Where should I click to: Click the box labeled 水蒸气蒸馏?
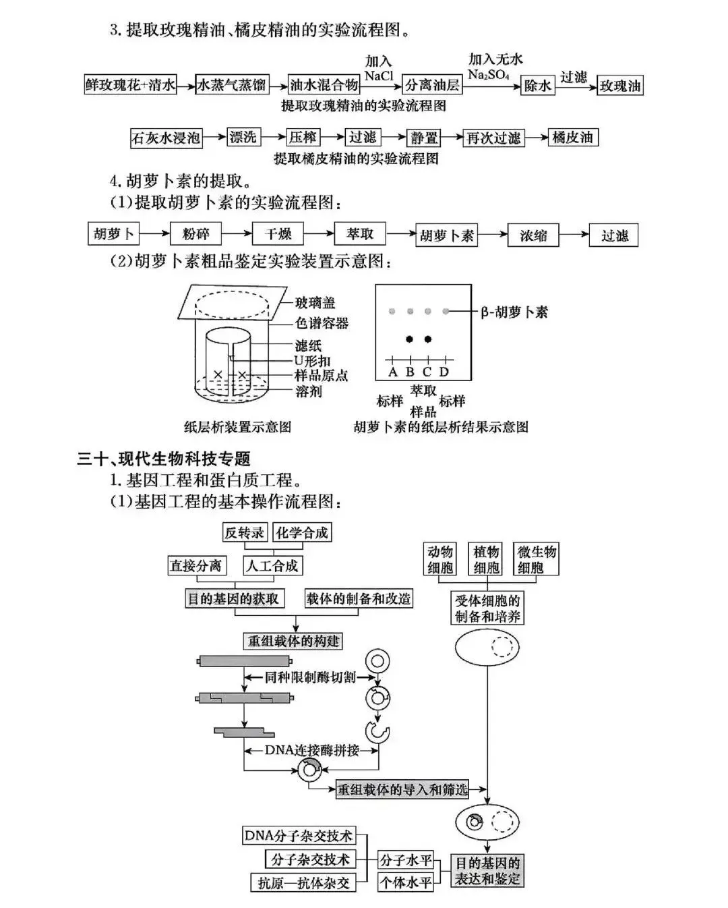point(231,86)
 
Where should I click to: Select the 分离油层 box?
point(431,86)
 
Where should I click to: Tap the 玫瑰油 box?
point(620,86)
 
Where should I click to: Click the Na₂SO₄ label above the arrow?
point(489,75)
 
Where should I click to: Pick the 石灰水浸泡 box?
point(166,138)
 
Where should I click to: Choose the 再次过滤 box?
point(493,138)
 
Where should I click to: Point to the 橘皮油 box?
point(572,138)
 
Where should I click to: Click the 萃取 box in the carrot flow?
point(360,234)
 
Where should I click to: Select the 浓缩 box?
point(533,235)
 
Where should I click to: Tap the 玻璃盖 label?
point(315,303)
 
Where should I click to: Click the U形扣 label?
point(313,361)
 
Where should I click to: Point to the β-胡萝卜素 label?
point(514,312)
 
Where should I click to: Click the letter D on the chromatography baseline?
point(444,372)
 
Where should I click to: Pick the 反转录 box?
point(244,532)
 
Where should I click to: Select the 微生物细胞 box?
point(536,559)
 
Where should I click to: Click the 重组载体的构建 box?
point(293,641)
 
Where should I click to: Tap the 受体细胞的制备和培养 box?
point(487,608)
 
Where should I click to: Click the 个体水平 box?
point(405,882)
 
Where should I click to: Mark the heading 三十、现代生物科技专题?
point(164,459)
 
